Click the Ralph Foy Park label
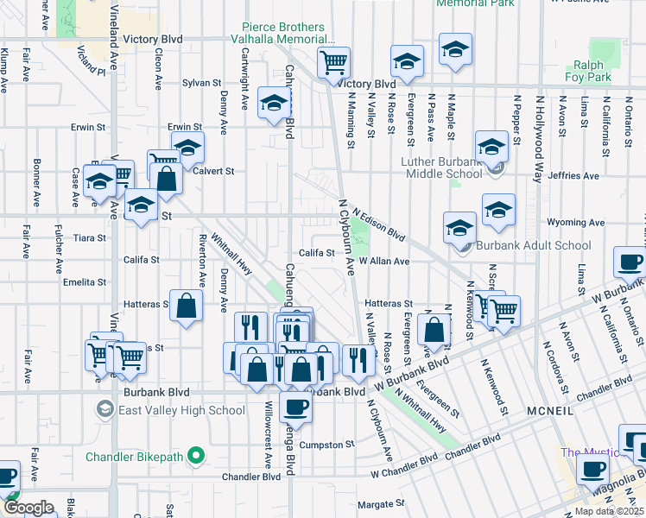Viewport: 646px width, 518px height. pyautogui.click(x=592, y=71)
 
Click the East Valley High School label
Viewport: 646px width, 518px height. pyautogui.click(x=182, y=410)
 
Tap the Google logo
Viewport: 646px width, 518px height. pyautogui.click(x=28, y=507)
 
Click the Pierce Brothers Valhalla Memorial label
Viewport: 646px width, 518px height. pyautogui.click(x=283, y=33)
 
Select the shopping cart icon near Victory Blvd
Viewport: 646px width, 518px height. pyautogui.click(x=332, y=62)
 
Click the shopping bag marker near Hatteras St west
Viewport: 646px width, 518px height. pyautogui.click(x=187, y=306)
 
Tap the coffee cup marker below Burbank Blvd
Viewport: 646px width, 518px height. pyautogui.click(x=295, y=407)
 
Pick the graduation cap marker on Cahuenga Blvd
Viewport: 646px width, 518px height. pyautogui.click(x=275, y=104)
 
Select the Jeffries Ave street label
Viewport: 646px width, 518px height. pyautogui.click(x=578, y=175)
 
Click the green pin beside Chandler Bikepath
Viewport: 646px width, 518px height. pyautogui.click(x=197, y=456)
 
